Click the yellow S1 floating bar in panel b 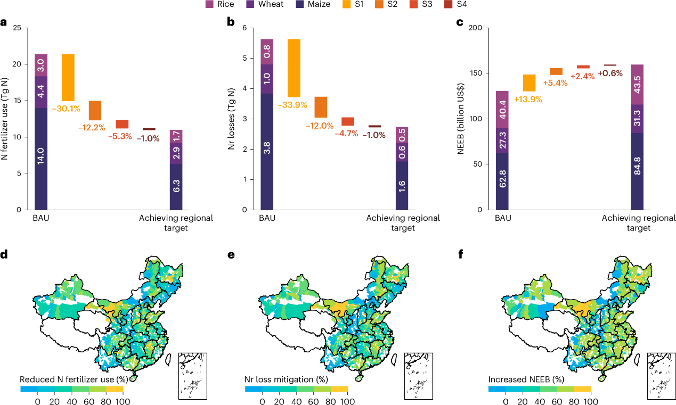point(294,68)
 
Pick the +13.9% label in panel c point(528,99)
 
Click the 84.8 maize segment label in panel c point(637,172)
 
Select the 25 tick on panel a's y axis point(20,28)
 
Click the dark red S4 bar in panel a point(149,129)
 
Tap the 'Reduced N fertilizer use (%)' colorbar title point(72,379)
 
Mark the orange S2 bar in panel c point(556,71)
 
